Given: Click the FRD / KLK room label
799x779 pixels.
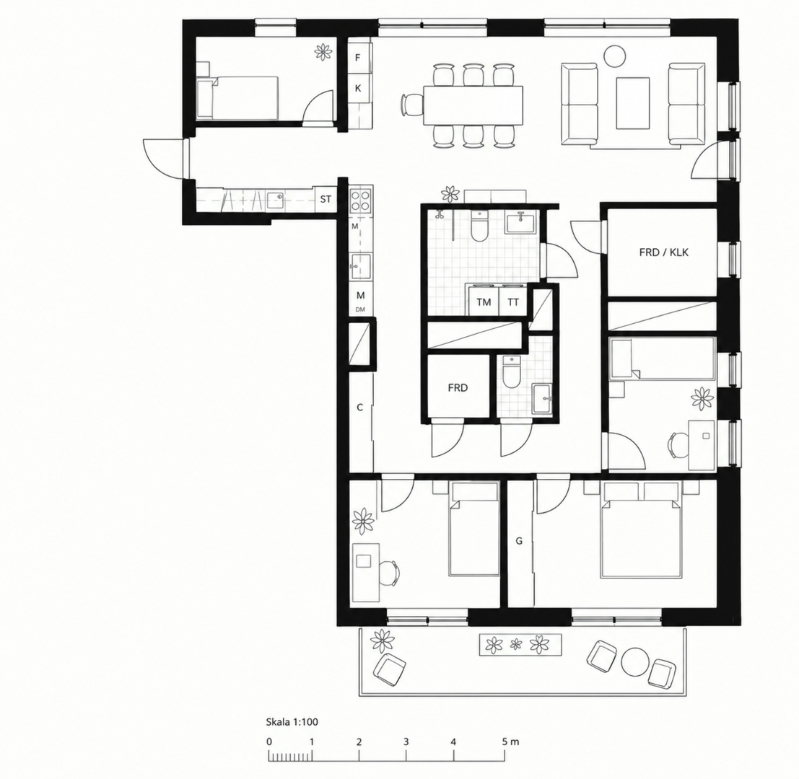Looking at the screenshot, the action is click(663, 252).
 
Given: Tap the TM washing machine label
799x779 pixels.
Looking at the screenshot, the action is click(484, 302).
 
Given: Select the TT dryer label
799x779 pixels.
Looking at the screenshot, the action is click(513, 302).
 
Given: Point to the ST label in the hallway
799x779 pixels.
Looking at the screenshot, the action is click(326, 199).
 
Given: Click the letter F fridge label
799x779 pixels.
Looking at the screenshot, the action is click(358, 58).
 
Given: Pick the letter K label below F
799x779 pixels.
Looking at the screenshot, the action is click(358, 88).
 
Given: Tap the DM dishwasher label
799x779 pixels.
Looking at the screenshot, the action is click(360, 309).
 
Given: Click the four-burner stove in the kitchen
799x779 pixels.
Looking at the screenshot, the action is click(361, 200).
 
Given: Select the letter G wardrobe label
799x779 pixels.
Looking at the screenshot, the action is click(519, 541).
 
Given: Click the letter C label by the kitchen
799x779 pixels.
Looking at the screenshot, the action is click(359, 408).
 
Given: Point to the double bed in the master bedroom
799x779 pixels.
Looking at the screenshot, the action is click(641, 530).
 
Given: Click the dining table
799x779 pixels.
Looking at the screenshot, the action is click(473, 105).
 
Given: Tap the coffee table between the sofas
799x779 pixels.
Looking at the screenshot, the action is click(632, 103).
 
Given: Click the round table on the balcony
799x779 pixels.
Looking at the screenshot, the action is click(634, 661).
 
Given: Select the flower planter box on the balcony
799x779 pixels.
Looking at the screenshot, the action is click(520, 645).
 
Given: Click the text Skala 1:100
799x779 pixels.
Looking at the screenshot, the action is click(292, 722).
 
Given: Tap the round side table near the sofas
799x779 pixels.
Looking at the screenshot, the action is click(615, 56).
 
